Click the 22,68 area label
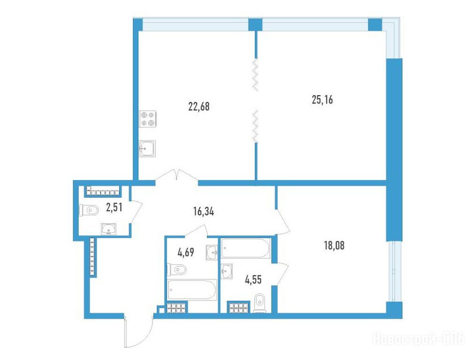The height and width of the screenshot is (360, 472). [198, 106]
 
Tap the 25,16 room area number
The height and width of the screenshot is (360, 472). [322, 99]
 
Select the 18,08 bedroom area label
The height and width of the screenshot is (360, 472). [334, 246]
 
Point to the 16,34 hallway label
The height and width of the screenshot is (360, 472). [204, 212]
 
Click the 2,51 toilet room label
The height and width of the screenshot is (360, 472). [114, 207]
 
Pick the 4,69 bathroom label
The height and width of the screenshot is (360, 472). [186, 252]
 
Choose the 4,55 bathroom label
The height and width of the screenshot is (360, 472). [253, 280]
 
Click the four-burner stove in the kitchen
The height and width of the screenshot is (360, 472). [147, 119]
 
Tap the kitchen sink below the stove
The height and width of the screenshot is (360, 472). [147, 149]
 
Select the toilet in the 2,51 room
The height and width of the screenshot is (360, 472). [89, 210]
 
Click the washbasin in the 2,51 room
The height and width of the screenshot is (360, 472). [109, 229]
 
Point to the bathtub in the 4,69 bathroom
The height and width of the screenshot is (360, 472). [192, 290]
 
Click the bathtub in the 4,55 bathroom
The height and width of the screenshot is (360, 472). [246, 248]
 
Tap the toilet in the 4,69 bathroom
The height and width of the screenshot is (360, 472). [177, 270]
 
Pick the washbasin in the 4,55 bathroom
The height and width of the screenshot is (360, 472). [226, 272]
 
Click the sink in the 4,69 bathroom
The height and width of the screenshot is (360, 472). [212, 252]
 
